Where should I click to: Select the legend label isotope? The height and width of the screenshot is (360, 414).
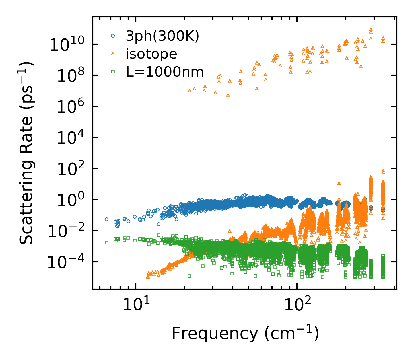coord(151,54)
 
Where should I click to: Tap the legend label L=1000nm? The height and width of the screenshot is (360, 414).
coord(165,72)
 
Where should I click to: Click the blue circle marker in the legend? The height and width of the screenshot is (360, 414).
coord(113,36)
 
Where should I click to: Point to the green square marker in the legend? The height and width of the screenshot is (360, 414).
coord(113,72)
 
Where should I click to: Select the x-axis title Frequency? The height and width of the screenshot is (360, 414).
coord(245,333)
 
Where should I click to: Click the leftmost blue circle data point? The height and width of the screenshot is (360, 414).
coord(106,219)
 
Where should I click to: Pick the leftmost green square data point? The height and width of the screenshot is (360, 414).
coord(106,242)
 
